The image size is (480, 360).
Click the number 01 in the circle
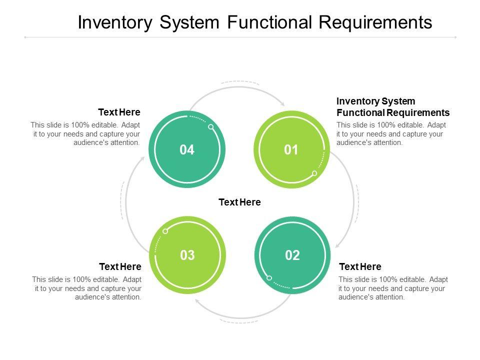pos(291,149)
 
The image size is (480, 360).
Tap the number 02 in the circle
pos(292,255)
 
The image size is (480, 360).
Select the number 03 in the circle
pos(187,255)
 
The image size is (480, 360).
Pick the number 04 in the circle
pos(187,149)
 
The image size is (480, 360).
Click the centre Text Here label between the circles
pos(239,202)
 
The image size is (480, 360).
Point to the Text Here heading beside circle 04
pos(119,112)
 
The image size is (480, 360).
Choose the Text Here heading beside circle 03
pos(120,266)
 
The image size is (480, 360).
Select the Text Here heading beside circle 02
pos(360,266)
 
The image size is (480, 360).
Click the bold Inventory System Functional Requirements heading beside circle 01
pos(393,107)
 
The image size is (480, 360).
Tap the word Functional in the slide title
pos(269,22)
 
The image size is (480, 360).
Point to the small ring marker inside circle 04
pos(211,126)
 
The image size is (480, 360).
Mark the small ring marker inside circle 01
pos(314,173)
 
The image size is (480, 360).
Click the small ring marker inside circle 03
pos(165,231)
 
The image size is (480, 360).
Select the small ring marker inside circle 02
pos(269,278)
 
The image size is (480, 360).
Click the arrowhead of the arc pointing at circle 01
pos(282,103)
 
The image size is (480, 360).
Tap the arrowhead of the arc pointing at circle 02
pos(337,244)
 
